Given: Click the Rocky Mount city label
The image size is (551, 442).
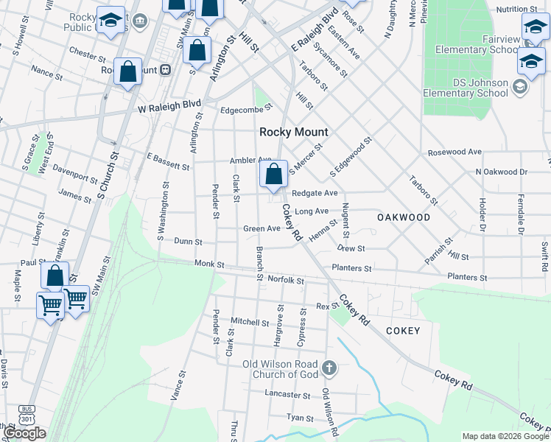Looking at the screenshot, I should pos(293,132).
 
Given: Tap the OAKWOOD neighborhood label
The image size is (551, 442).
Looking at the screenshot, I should pos(403,217).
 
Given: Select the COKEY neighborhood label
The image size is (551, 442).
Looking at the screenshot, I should pos(402,331).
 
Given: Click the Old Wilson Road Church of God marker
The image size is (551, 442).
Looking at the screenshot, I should pos(329,366).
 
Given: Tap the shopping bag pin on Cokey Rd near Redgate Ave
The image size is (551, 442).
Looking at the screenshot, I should pos(273,175).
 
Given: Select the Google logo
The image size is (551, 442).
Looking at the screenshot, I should pos(24,433).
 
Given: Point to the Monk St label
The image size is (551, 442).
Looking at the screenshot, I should pos(208,264).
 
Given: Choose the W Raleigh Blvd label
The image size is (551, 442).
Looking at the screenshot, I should pos(169,107).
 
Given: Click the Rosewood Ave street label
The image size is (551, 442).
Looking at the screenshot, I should pos(455,152).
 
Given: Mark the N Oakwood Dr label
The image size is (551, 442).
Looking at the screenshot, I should pos(502,172).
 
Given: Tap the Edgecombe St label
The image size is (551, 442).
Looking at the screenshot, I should pos(247,110).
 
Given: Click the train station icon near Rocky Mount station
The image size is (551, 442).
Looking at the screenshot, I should pos(166,69).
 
